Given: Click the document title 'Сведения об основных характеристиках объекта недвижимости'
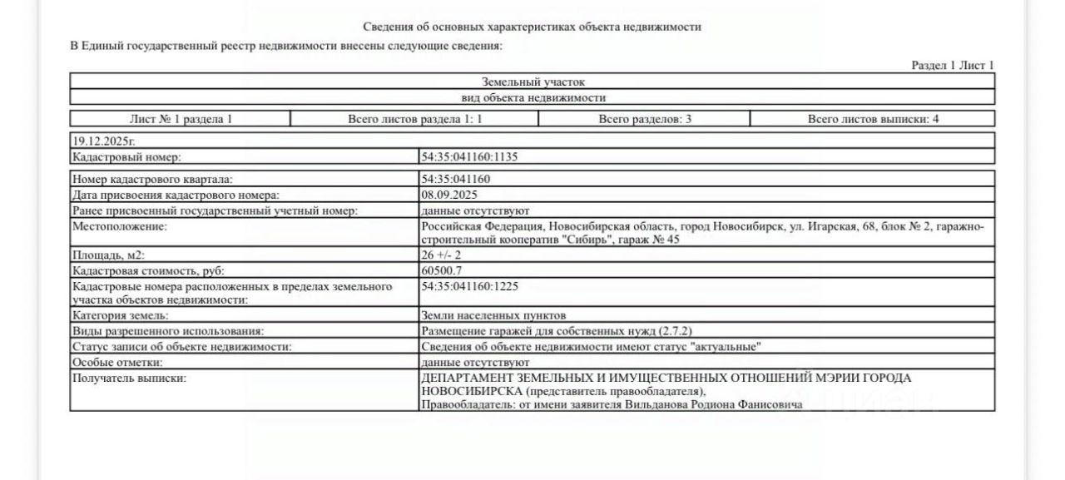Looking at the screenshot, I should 532,27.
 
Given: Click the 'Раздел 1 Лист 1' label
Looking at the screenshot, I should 953,66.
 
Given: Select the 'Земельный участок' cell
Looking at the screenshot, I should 532,82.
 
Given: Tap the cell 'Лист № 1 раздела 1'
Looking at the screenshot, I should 181,119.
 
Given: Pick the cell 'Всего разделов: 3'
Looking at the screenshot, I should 645,119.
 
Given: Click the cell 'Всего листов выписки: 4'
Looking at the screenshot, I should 873,119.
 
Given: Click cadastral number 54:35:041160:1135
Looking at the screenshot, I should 470,156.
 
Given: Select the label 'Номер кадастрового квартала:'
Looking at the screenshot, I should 153,179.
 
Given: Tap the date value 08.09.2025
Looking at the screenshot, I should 449,195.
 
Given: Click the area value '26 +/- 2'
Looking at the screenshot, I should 441,255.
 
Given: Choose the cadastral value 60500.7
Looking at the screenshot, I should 442,270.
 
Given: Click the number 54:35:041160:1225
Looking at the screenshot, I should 470,286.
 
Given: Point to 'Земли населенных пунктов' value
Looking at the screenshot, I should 493,315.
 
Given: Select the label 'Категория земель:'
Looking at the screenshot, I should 121,315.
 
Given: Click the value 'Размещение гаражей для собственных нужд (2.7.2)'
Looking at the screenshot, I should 556,331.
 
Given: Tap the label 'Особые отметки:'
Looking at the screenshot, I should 116,363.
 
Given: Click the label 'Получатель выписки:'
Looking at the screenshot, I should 129,379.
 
